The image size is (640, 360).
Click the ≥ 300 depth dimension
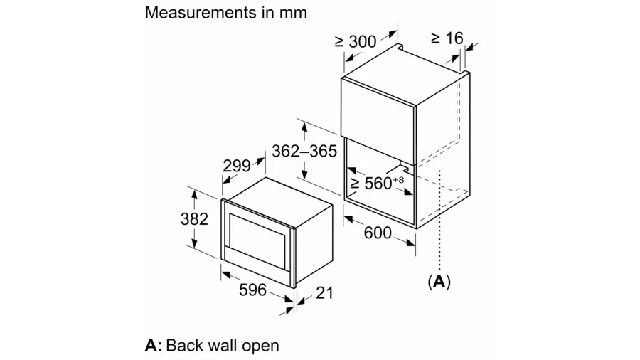coord(355,42)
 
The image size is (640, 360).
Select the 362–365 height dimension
coord(304,151)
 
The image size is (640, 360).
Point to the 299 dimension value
coord(236,166)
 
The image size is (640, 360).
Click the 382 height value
coord(194,218)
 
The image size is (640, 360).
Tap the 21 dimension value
coord(324,292)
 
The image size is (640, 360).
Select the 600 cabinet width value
coord(377,233)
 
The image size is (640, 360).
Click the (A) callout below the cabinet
coord(439,282)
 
